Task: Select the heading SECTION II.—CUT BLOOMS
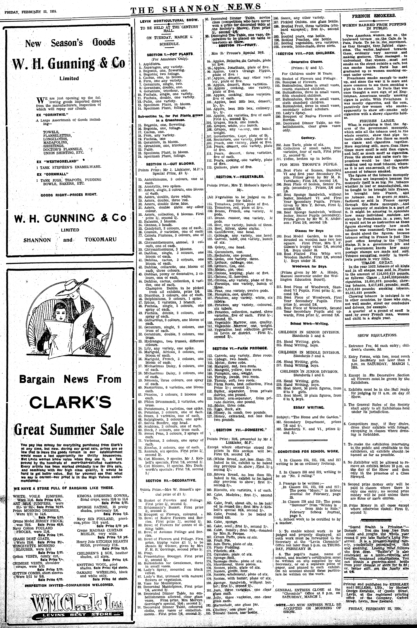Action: tap(171, 164)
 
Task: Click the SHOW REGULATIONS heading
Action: tap(374, 336)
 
